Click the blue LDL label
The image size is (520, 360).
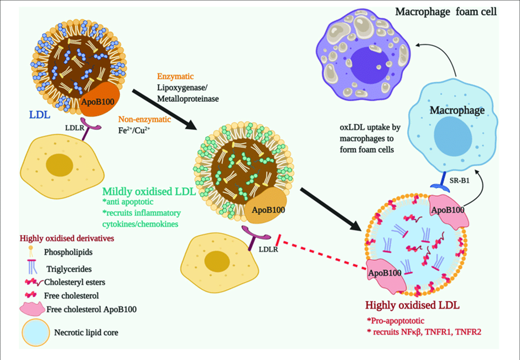coord(40,114)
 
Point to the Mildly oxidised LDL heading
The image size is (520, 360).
coord(149,191)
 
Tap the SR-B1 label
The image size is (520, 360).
coord(460,181)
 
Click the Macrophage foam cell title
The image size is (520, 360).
coord(446,12)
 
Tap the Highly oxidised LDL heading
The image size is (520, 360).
coord(412,305)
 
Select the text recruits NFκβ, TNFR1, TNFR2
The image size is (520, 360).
coord(427,331)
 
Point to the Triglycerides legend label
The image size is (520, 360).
coord(69,269)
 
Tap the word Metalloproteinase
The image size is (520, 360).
coord(188,99)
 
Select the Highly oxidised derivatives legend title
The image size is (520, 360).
coord(67,238)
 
